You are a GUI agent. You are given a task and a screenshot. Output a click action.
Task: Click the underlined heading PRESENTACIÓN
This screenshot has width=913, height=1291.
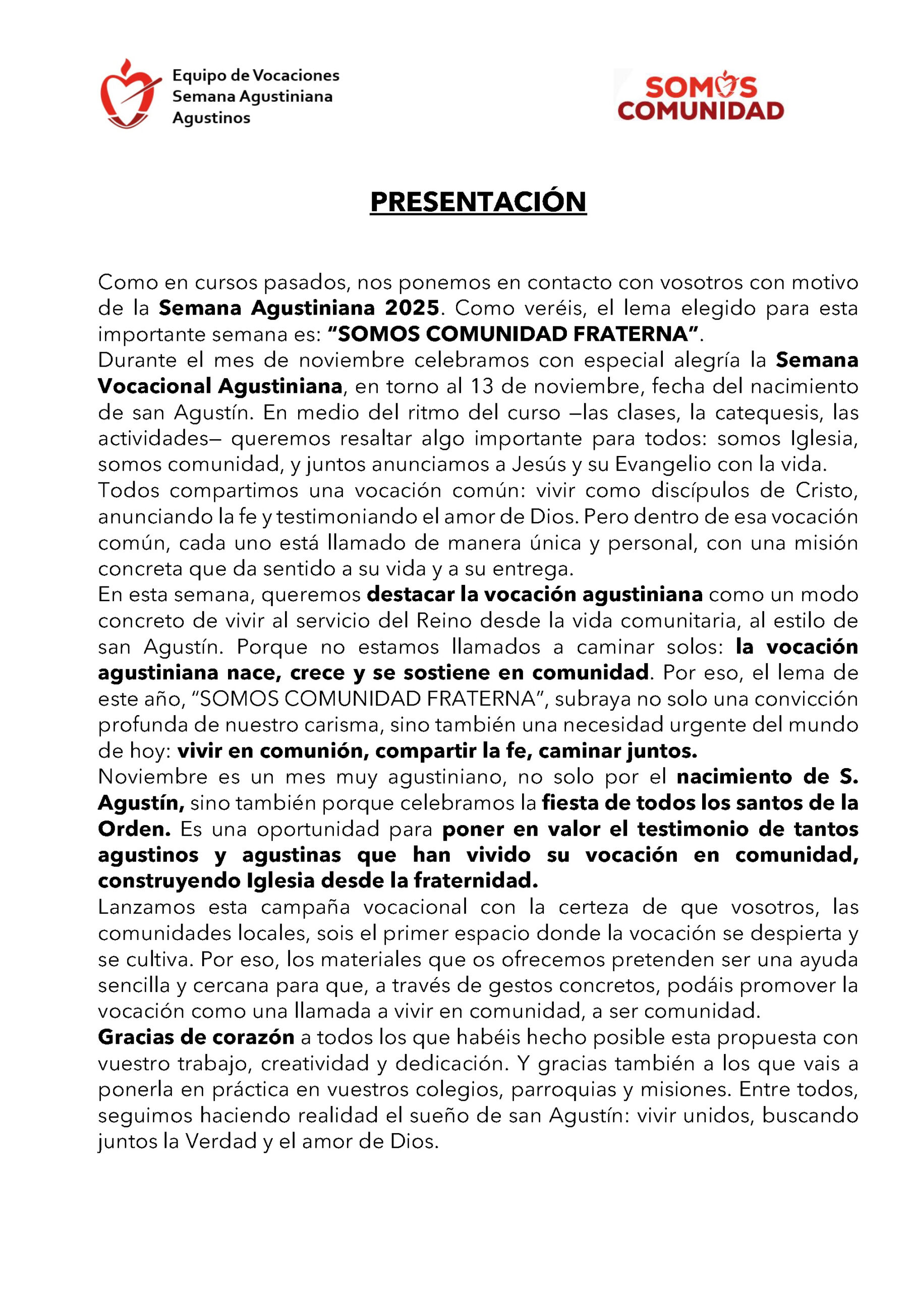click(478, 202)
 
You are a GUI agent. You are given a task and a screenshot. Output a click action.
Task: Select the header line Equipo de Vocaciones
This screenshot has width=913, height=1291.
click(255, 75)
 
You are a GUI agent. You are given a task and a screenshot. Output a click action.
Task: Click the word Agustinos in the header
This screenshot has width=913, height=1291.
click(211, 118)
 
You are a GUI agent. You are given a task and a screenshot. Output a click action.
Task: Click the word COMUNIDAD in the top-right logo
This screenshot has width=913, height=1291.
click(700, 111)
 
